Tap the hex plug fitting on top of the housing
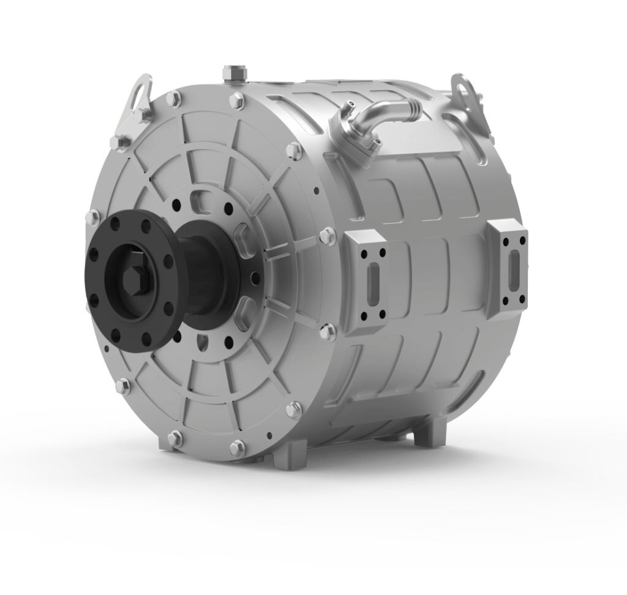(235, 73)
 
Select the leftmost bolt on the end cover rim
(94, 216)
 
